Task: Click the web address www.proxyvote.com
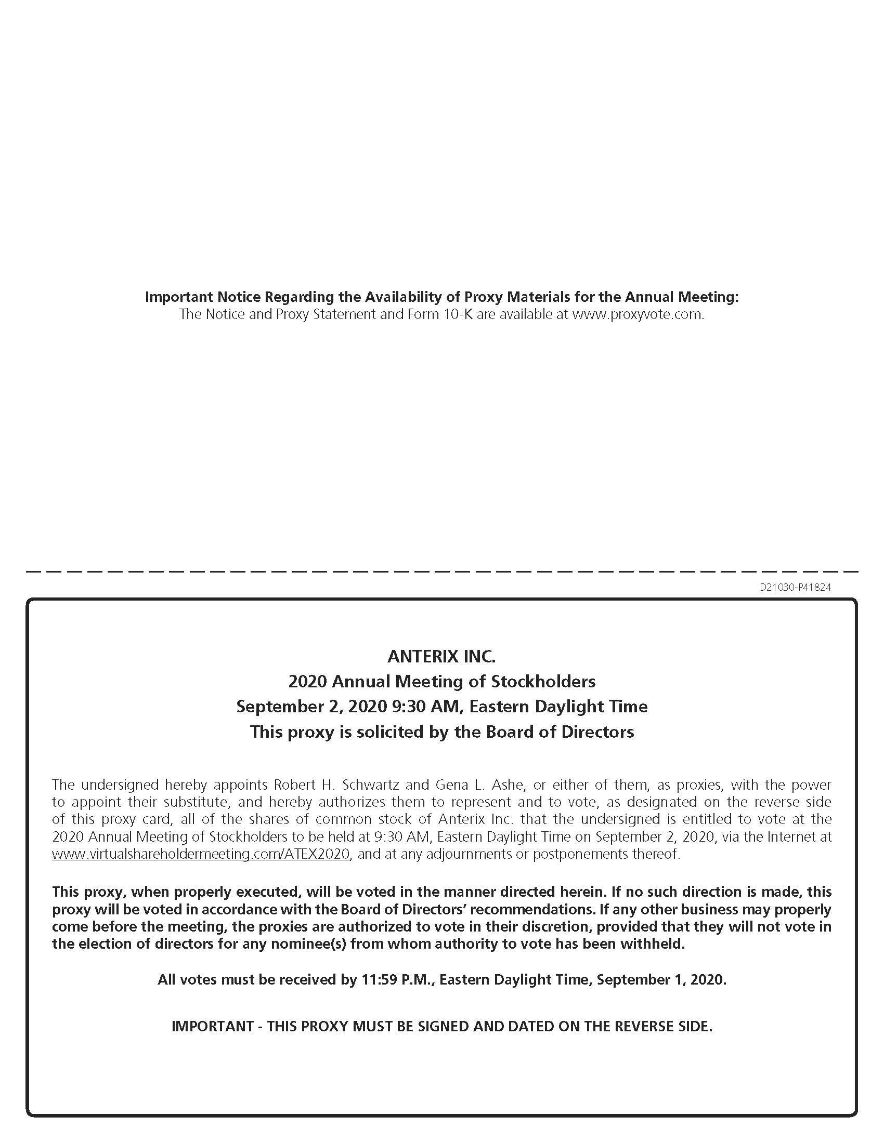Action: [x=638, y=314]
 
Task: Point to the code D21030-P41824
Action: [x=795, y=587]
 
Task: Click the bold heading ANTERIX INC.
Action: [x=441, y=656]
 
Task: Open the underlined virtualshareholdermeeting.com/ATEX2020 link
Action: [x=201, y=854]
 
